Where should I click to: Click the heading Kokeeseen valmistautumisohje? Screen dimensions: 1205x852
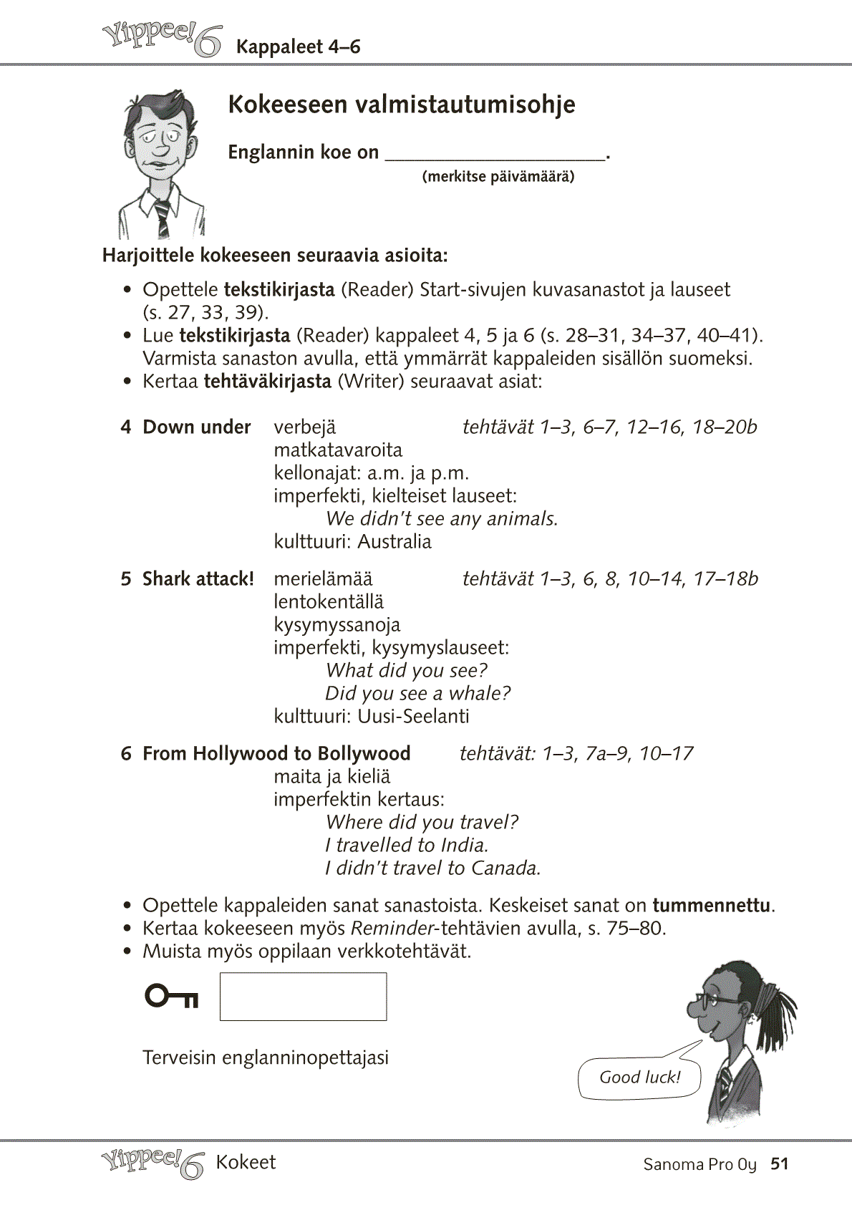[x=401, y=105]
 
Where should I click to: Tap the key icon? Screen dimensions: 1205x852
[x=172, y=996]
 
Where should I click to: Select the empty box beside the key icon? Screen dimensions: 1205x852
[x=303, y=996]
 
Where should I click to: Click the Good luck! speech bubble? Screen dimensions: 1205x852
[x=639, y=1078]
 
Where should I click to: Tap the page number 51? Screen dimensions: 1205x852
[x=779, y=1163]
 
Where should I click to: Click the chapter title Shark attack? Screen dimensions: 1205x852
[x=198, y=579]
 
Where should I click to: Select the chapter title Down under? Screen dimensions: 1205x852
[x=196, y=427]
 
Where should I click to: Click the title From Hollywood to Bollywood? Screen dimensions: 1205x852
[x=276, y=753]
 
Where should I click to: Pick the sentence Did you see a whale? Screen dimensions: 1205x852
[x=418, y=693]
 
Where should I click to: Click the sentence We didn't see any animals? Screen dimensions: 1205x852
[x=442, y=518]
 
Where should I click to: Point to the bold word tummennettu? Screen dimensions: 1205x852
[x=712, y=905]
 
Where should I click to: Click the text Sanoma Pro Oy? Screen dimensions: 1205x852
[x=699, y=1164]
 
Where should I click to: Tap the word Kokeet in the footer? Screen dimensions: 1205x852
[x=246, y=1162]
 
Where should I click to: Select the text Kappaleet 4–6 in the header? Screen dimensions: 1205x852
[x=298, y=47]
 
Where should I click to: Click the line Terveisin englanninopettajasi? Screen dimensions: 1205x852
[x=266, y=1058]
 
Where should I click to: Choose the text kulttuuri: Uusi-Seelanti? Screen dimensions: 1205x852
[x=372, y=716]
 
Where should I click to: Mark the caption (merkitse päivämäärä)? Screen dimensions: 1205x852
[x=498, y=176]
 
